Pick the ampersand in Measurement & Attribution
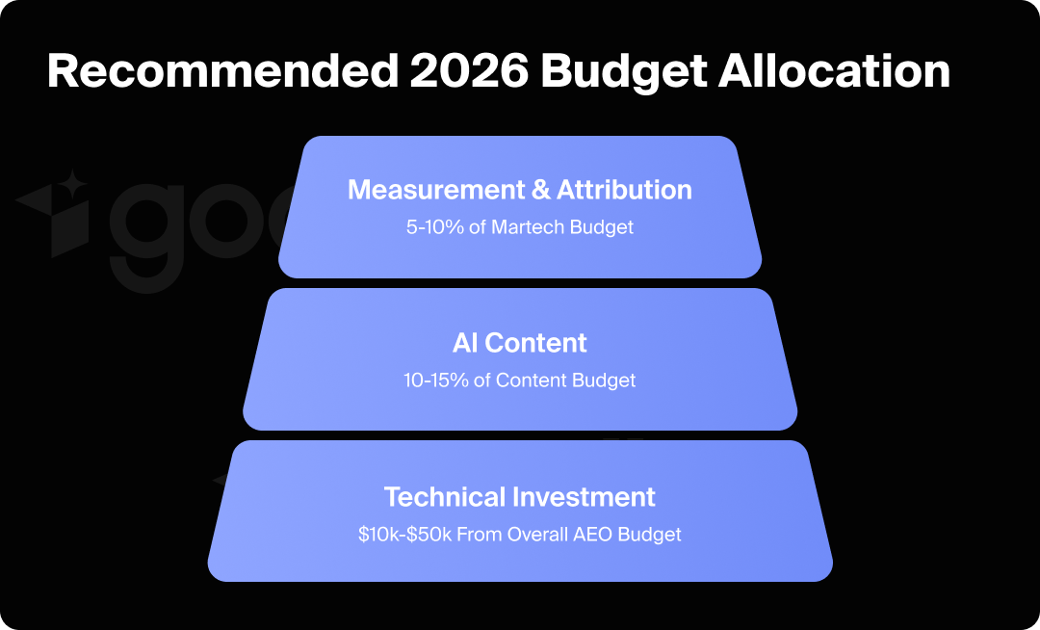[x=541, y=190]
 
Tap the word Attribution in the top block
[x=625, y=190]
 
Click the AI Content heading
[x=520, y=342]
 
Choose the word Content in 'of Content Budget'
[x=532, y=380]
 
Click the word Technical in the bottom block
[x=445, y=497]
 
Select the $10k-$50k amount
[x=403, y=534]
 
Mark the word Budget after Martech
[x=604, y=227]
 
